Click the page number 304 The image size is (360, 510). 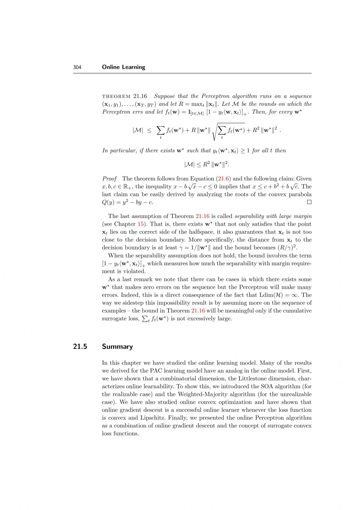click(77, 67)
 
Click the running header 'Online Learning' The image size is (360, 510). click(124, 67)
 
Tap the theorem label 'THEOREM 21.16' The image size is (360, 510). click(124, 96)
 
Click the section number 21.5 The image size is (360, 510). click(80, 347)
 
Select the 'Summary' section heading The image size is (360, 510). click(117, 347)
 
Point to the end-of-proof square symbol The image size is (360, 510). click(309, 202)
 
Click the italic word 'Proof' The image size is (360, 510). click(109, 179)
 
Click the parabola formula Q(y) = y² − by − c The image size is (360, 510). click(127, 202)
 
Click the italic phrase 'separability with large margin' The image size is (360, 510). click(273, 216)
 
